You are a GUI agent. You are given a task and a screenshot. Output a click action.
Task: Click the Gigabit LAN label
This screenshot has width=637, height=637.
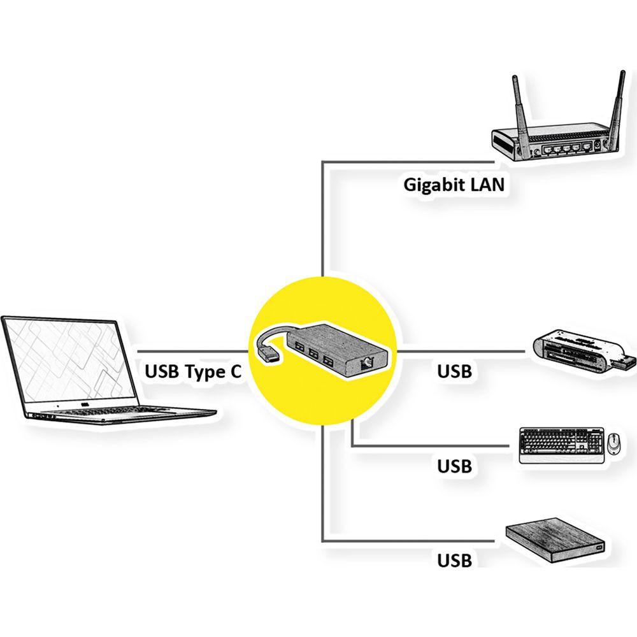click(454, 185)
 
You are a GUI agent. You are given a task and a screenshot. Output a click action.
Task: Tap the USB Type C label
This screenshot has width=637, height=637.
click(193, 371)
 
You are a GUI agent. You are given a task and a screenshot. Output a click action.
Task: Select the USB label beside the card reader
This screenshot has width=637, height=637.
click(454, 371)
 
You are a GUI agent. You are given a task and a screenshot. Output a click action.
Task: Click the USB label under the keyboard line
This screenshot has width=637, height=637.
click(454, 466)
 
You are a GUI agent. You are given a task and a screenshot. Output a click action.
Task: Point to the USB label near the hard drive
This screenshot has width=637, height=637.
click(454, 561)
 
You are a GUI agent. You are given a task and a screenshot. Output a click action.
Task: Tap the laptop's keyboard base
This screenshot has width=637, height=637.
click(121, 414)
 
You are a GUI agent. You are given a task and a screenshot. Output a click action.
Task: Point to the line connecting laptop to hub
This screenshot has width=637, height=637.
click(191, 351)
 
